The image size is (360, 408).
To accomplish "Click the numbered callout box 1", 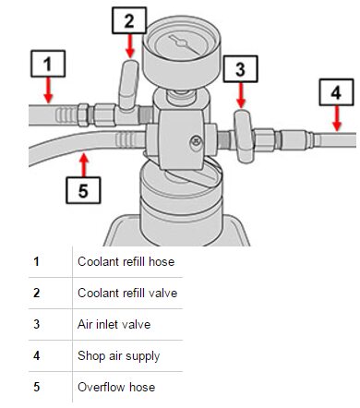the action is point(48,64).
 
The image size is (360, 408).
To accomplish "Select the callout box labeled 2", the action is point(129,20).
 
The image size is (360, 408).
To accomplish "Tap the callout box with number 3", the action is point(241,69).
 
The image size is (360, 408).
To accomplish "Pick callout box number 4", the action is point(336,92).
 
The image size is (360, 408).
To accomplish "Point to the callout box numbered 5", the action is point(83,190).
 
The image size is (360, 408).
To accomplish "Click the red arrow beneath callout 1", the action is point(48,90).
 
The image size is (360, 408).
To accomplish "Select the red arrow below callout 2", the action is point(130,45).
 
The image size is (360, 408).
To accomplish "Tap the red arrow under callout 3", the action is point(241,95).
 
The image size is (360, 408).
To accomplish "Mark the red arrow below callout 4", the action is point(337,118).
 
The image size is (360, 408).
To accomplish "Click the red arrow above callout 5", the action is point(84,165).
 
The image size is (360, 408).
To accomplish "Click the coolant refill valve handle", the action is point(129,85).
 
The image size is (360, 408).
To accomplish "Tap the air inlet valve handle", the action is point(245,137).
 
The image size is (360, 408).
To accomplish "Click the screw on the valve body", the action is point(197,141).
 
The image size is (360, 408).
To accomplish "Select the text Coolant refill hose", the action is point(126,262).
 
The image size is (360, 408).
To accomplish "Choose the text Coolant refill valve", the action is point(127,293).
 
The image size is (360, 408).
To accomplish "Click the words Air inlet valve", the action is point(114,324).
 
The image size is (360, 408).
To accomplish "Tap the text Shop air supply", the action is point(119,356).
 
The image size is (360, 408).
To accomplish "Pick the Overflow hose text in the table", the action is point(116,387).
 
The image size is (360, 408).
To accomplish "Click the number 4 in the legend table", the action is point(37,355).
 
